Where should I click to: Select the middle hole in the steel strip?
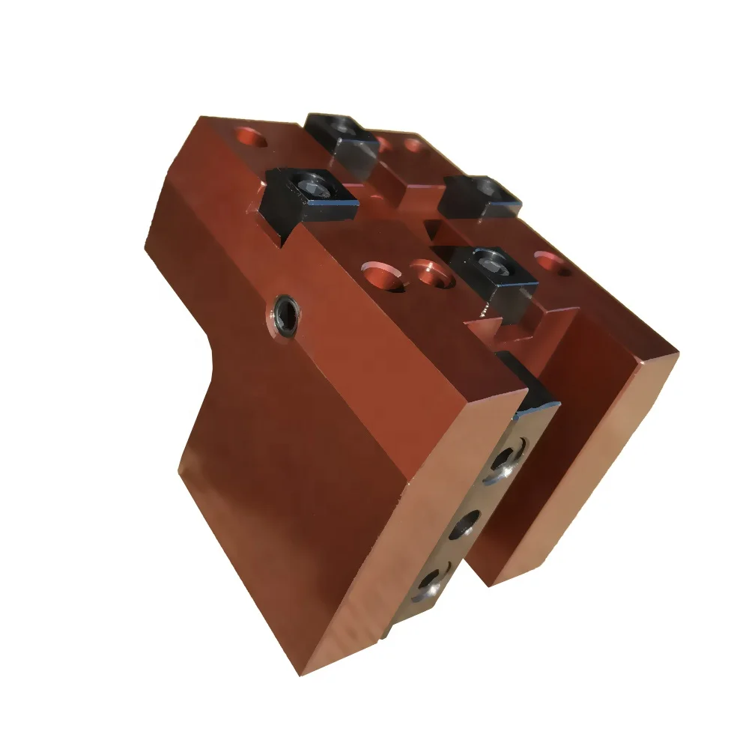[x=464, y=525]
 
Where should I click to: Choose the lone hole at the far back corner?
[x=249, y=136]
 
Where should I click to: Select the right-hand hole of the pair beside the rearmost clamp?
[x=413, y=145]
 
